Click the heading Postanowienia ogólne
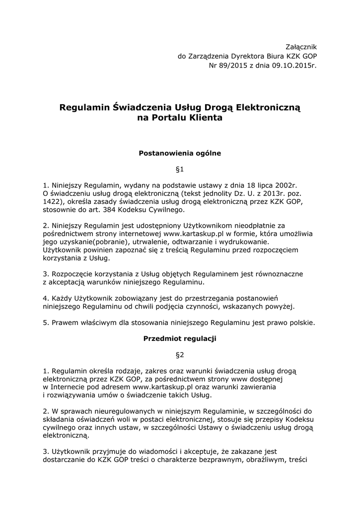179,153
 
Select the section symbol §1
180,169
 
